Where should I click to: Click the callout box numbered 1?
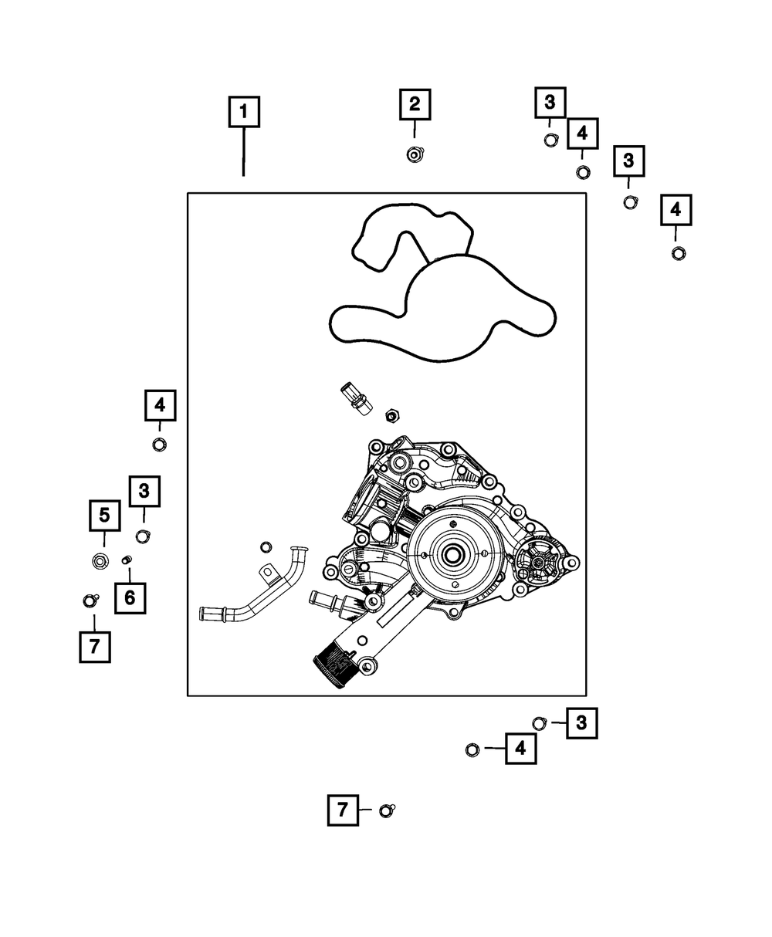(244, 112)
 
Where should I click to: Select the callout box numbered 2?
(415, 104)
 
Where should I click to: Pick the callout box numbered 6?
(130, 597)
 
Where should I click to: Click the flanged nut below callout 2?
(415, 154)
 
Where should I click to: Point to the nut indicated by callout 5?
(100, 559)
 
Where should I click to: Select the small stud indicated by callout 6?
(128, 560)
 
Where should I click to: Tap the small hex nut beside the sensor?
(391, 416)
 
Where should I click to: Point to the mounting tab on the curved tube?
(268, 574)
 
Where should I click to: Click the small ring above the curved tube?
(266, 546)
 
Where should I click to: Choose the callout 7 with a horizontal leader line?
(343, 810)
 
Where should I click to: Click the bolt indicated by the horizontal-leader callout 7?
(387, 810)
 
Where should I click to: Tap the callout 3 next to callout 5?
(144, 491)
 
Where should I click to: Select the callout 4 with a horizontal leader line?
(521, 748)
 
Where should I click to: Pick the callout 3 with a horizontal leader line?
(581, 722)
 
